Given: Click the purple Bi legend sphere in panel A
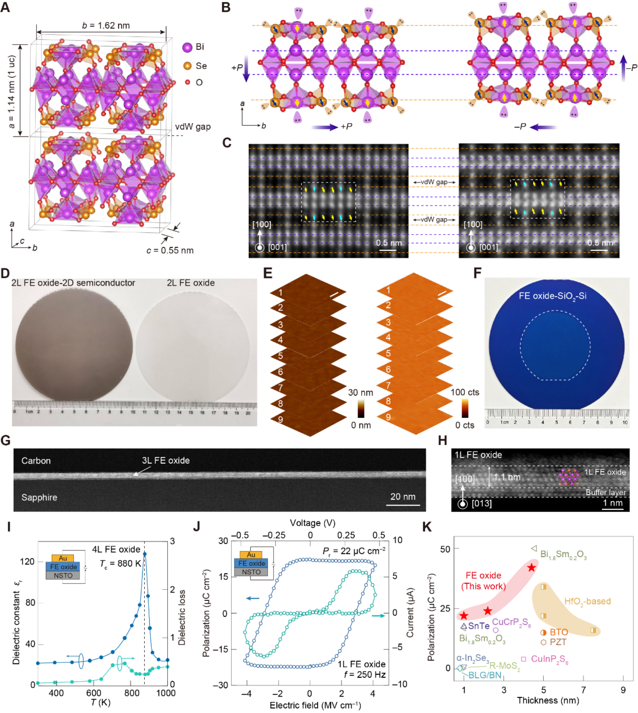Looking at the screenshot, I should click(x=187, y=47).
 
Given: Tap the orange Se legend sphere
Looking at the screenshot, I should click(x=187, y=66).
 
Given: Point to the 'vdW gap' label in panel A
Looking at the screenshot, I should click(x=192, y=127).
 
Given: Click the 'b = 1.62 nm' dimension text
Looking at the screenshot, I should click(x=106, y=25).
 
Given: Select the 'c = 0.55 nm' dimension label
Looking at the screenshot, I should click(x=170, y=251).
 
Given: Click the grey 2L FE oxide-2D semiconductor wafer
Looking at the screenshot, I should click(x=74, y=345).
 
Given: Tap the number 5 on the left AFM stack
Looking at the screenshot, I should click(x=280, y=356).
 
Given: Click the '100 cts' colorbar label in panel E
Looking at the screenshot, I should click(x=465, y=392).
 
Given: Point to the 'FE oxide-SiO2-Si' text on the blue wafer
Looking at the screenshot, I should click(x=552, y=296).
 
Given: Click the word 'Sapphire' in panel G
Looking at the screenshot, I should click(x=39, y=497).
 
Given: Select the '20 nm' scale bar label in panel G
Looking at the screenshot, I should click(x=402, y=497).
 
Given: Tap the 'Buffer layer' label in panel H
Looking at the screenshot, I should click(x=606, y=492).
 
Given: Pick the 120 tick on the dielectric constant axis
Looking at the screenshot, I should click(x=27, y=561).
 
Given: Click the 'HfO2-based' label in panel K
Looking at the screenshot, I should click(x=587, y=601).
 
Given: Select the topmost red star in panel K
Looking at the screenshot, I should click(x=531, y=568).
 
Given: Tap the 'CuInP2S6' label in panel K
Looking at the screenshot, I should click(x=549, y=659).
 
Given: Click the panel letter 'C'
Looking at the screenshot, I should click(x=227, y=143).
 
